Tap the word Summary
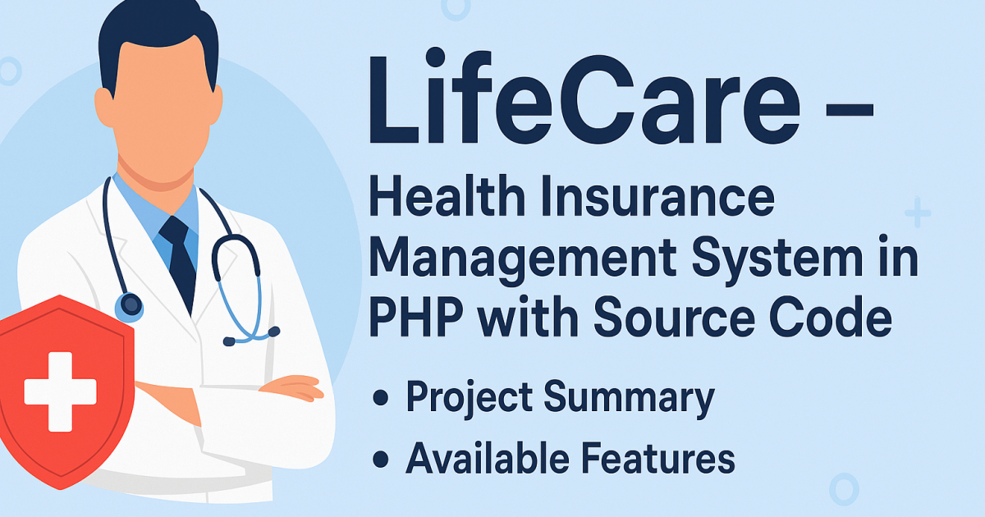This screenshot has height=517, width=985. [x=628, y=398]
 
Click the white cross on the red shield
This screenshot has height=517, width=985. [x=59, y=391]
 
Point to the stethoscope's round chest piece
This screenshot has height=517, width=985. [x=129, y=307]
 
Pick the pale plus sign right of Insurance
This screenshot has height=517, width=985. [x=918, y=214]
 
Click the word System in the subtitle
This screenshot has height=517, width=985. [x=791, y=262]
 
